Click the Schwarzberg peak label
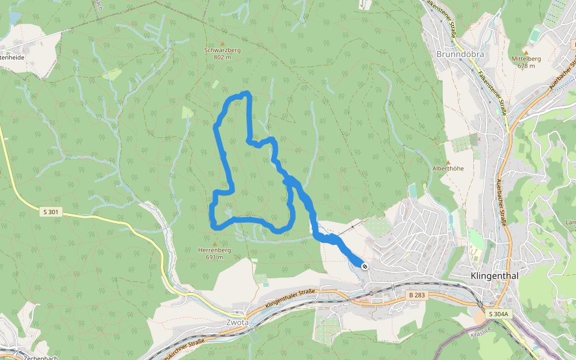click(x=222, y=50)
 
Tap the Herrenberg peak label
click(x=214, y=250)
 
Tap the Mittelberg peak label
click(x=526, y=59)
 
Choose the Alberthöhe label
click(x=448, y=169)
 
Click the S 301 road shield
click(x=51, y=212)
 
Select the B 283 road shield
click(x=416, y=295)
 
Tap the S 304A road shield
click(x=498, y=314)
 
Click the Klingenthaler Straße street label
click(x=290, y=298)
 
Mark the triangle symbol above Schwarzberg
click(x=222, y=44)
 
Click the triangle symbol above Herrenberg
click(x=214, y=244)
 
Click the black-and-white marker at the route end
click(x=364, y=265)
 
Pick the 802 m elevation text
click(x=222, y=58)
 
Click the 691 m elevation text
click(x=214, y=257)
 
